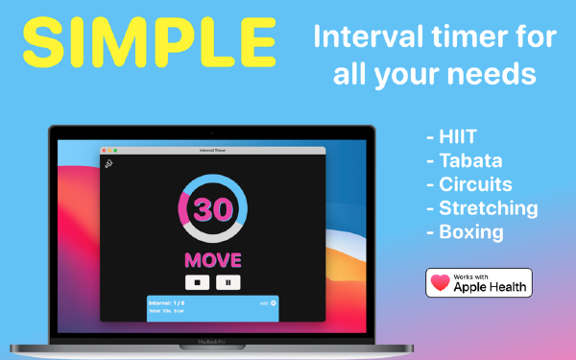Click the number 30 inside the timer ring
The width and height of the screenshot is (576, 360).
(x=213, y=209)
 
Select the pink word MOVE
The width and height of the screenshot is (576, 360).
(x=213, y=259)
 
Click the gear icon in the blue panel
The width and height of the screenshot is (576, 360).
(x=273, y=303)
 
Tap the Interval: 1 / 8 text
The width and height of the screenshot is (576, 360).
(x=165, y=303)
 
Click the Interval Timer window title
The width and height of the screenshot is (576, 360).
(x=213, y=151)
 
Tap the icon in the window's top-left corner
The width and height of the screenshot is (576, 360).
(x=109, y=164)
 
